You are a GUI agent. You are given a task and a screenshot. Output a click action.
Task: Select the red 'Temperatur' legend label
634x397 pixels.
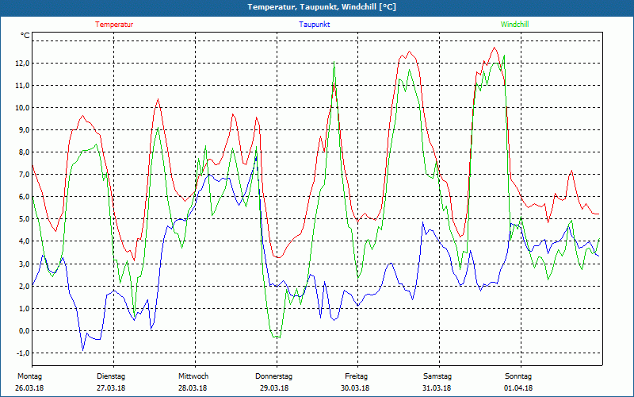(114, 25)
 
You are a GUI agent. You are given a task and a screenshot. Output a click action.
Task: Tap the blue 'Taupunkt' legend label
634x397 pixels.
(315, 25)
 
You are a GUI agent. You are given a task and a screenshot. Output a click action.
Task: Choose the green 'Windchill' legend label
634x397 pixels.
(515, 25)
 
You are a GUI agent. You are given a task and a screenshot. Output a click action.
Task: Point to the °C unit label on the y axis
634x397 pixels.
(25, 36)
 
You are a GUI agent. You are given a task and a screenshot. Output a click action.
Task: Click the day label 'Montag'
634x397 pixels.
(29, 376)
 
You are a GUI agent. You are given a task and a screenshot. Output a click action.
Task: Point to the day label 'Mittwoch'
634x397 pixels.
(193, 376)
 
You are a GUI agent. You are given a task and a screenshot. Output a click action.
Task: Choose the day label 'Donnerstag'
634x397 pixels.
(274, 376)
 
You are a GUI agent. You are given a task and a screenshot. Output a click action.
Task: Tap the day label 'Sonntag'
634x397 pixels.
(518, 376)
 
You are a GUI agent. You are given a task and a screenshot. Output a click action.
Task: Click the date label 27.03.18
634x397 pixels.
(111, 388)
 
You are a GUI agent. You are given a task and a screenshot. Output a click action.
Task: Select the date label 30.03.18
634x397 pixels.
(356, 388)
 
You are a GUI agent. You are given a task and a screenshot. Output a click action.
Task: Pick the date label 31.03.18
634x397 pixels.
(437, 388)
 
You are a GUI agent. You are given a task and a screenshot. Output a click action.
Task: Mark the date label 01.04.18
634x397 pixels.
(518, 388)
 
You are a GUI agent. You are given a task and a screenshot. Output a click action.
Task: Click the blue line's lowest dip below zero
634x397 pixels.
(82, 349)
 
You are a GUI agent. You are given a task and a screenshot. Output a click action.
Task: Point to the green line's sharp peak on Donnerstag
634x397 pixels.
(334, 64)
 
